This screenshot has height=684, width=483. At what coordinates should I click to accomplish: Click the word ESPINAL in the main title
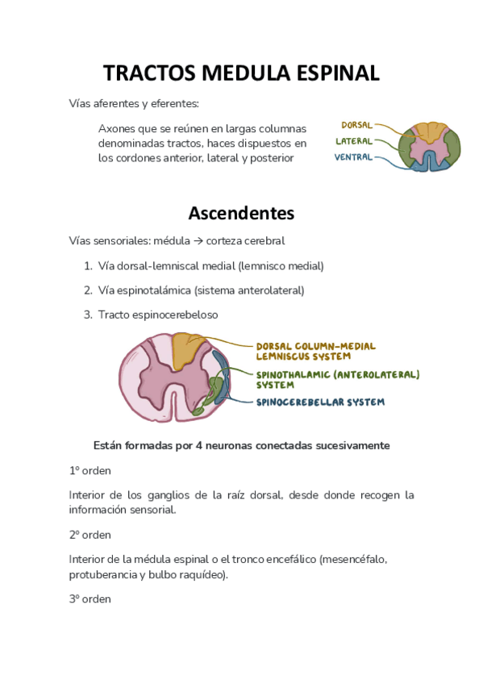click(x=331, y=73)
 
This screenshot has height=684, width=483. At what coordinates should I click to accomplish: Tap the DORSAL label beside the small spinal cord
click(x=356, y=125)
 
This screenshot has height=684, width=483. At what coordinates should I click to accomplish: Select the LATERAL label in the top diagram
click(x=354, y=141)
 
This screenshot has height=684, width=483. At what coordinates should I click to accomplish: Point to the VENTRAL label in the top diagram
click(x=353, y=157)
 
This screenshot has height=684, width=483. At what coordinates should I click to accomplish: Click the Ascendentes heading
click(x=241, y=213)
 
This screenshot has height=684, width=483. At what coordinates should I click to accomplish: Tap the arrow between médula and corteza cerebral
click(x=198, y=240)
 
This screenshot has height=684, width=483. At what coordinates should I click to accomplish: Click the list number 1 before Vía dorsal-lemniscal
click(x=87, y=265)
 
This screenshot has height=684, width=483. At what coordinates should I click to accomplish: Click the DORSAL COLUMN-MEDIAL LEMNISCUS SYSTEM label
click(x=315, y=350)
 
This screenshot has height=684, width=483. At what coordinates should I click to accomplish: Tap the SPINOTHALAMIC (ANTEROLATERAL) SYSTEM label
click(x=337, y=379)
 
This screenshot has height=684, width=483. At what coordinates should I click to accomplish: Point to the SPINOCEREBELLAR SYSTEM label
click(x=320, y=402)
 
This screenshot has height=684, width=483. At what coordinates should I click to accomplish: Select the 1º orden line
click(x=90, y=470)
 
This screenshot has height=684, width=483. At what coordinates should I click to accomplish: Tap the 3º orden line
click(x=90, y=599)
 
